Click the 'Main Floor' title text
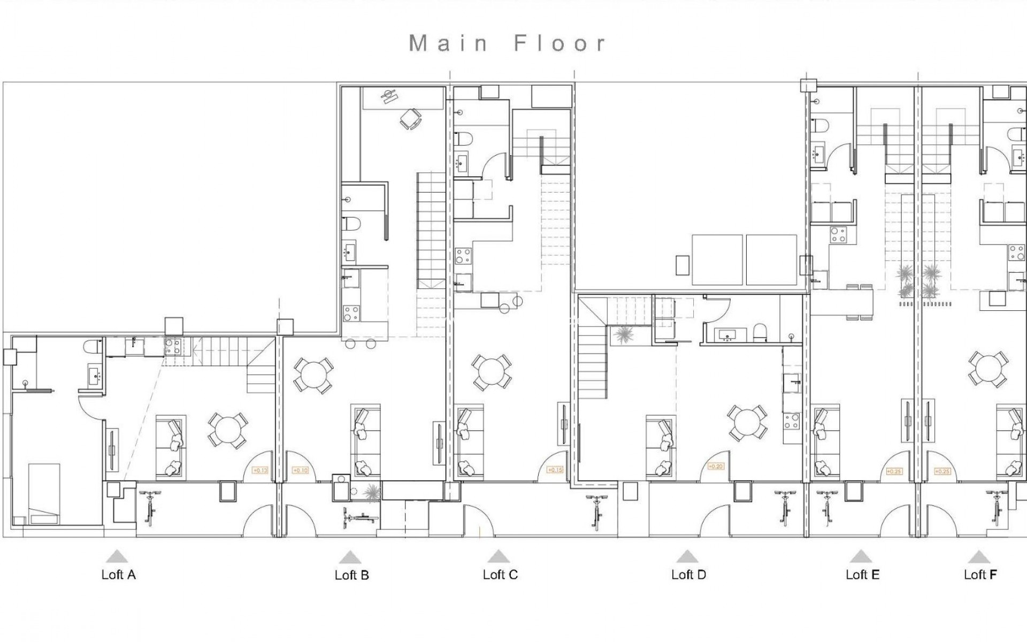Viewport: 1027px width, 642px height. pos(507,43)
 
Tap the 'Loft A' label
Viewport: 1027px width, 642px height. pos(118,575)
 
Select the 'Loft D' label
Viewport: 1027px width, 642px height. pos(688,575)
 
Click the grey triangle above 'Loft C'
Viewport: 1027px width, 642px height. pos(498,556)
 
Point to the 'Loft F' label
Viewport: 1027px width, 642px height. pos(980,575)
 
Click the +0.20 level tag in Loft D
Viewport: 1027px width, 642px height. pos(715,467)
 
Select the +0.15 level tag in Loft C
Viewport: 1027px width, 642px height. pos(555,470)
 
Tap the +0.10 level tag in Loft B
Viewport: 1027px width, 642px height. pos(301,470)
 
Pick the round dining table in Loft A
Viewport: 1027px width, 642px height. pos(228,430)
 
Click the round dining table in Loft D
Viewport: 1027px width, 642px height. pos(746,423)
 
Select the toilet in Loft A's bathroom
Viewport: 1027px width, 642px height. pos(93,347)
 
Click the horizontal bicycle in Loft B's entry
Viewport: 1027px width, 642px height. pos(360,517)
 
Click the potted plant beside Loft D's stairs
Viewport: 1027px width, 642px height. pos(622,335)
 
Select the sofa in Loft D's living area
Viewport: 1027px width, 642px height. pos(660,446)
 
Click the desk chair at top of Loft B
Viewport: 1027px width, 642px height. pos(410,118)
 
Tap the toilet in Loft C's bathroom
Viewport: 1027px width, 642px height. pos(465,139)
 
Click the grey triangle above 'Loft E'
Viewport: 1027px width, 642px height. pos(860,556)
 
